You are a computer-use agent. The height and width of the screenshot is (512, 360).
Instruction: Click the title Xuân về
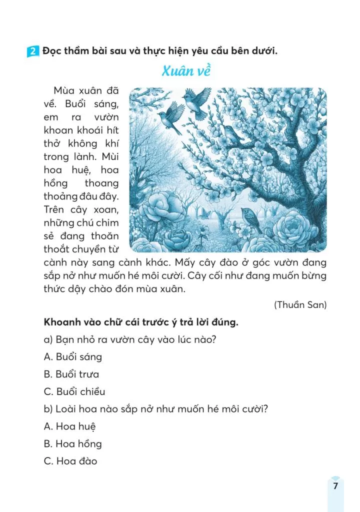(186, 71)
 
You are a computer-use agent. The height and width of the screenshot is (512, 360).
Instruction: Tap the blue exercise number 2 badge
(32, 51)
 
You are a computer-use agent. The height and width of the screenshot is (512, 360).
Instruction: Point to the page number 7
(335, 486)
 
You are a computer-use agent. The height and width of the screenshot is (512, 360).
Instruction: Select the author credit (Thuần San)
(300, 304)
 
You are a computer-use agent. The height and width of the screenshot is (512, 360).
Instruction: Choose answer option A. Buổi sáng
(73, 357)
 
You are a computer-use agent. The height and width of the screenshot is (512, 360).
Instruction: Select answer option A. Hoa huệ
(69, 426)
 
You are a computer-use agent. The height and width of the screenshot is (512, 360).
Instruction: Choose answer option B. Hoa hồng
(73, 443)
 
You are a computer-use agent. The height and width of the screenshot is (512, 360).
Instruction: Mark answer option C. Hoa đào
(70, 461)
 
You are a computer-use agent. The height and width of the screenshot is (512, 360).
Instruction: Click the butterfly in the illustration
(205, 212)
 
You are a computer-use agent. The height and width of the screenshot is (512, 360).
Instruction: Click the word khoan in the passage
(56, 130)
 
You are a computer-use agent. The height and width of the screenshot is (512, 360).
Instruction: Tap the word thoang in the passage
(102, 183)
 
